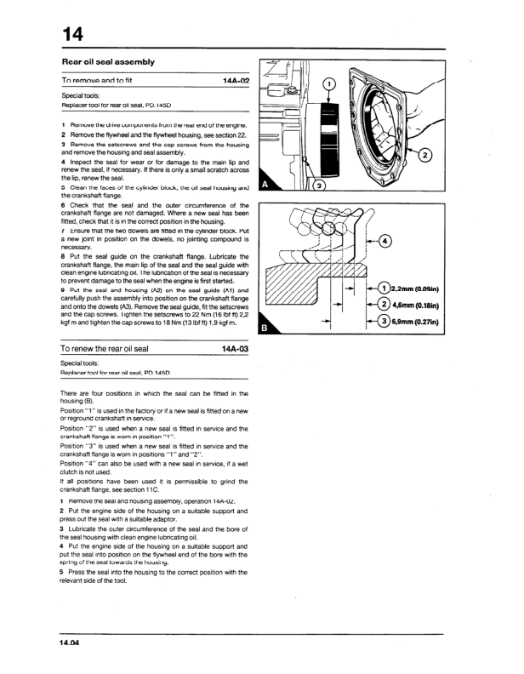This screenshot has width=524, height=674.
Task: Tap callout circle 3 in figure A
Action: pyautogui.click(x=319, y=186)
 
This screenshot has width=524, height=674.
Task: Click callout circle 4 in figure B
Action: pyautogui.click(x=387, y=241)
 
